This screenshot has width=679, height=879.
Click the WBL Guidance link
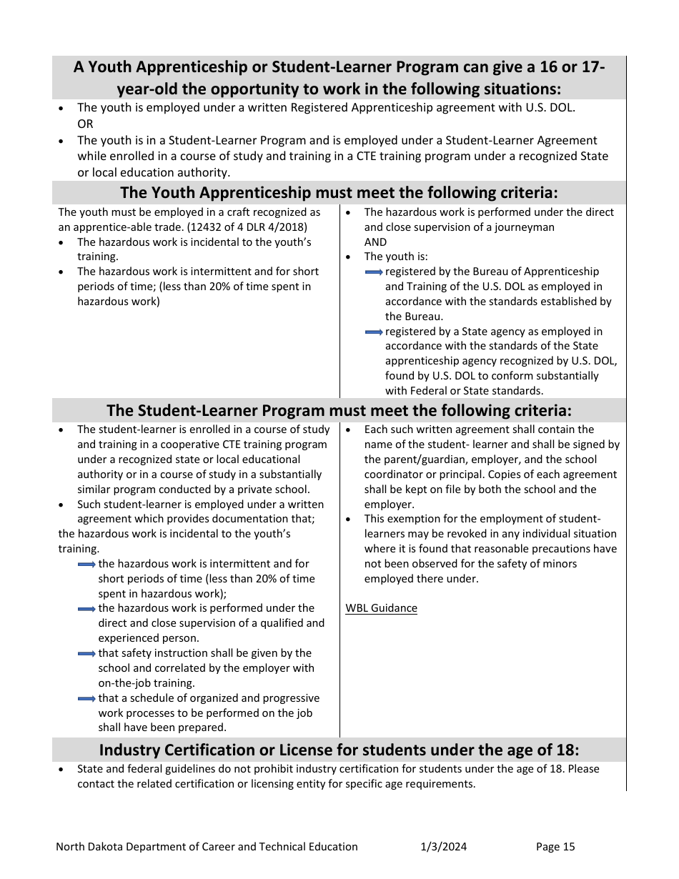tap(381, 608)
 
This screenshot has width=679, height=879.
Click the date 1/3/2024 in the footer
tap(443, 847)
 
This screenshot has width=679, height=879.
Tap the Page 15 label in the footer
tap(555, 847)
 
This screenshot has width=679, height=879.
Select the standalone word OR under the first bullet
tap(85, 124)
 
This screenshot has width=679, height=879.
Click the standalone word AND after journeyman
tap(375, 242)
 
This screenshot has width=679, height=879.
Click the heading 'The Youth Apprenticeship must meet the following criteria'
tap(339, 192)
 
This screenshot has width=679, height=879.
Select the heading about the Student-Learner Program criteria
tap(339, 410)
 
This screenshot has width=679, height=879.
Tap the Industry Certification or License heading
tap(339, 750)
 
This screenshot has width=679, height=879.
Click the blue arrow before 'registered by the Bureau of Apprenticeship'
tap(374, 272)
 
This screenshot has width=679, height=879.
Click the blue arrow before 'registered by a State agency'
tap(374, 332)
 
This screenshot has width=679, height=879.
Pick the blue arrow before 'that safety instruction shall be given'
tap(86, 654)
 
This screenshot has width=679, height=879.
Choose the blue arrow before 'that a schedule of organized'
tap(86, 699)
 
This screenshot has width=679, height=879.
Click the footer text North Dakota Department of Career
tap(207, 847)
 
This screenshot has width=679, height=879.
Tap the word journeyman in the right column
tap(525, 227)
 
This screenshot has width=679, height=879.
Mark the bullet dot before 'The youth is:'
tap(348, 257)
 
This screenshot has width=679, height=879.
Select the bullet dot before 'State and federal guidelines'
tap(61, 770)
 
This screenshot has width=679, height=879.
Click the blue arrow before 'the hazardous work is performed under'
tap(86, 609)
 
